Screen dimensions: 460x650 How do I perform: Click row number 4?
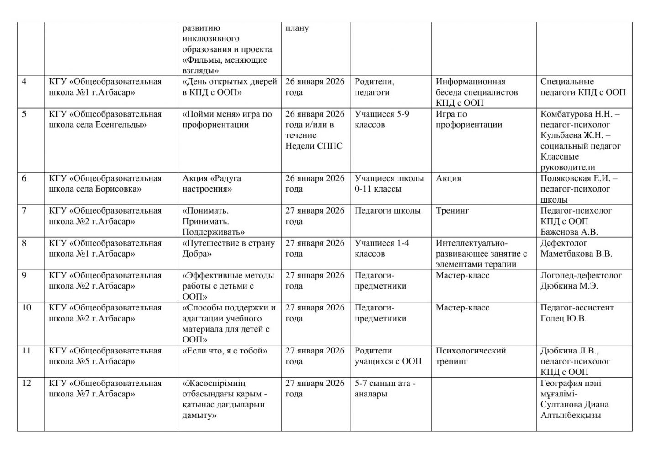point(24,82)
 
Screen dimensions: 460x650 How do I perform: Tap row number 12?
point(27,383)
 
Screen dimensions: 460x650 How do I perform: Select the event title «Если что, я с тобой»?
point(225,351)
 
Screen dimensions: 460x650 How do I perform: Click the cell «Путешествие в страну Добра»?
point(229,248)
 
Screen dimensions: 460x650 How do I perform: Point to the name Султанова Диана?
point(574,405)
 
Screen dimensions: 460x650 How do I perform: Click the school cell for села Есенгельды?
point(105,119)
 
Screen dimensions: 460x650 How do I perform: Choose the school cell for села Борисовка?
point(105,183)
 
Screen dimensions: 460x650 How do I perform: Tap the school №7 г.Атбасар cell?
point(105,389)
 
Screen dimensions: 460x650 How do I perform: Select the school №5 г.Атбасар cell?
point(105,356)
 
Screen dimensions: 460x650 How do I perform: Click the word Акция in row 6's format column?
point(448,178)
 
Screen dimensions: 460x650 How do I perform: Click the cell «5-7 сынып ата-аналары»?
point(385,389)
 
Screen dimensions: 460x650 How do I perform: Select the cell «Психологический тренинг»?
point(471,356)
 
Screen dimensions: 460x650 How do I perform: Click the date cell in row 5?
point(315,130)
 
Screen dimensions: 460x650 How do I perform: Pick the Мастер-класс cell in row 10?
point(462,308)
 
